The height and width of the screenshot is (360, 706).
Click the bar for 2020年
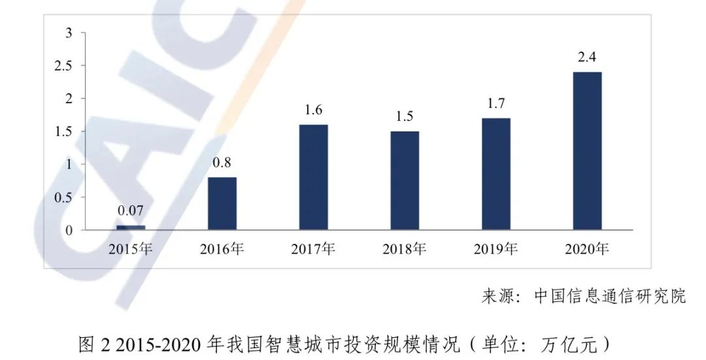(587, 151)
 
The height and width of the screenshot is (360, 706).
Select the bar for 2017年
(314, 177)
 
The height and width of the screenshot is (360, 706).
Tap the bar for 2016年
(222, 203)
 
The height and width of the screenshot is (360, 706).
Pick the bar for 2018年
(405, 180)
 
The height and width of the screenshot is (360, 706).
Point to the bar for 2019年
(496, 174)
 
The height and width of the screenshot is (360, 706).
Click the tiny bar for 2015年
(131, 227)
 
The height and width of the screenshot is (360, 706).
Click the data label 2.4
(586, 57)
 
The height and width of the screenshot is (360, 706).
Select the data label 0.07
(131, 211)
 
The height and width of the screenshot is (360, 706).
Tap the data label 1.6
(314, 110)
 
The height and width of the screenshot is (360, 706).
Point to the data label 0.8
(222, 162)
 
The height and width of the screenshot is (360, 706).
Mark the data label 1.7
(496, 103)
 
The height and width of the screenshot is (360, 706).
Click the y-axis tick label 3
(69, 33)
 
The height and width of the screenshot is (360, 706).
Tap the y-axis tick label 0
(69, 230)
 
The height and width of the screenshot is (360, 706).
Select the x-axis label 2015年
(131, 249)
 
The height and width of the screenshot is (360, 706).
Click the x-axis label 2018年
(405, 249)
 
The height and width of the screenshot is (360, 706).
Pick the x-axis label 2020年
(587, 249)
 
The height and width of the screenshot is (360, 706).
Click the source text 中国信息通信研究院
(610, 296)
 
